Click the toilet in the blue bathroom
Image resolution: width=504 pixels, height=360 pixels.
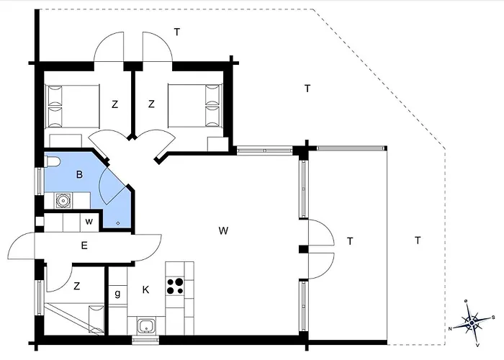coord(51,162)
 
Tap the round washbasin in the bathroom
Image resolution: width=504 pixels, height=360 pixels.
coord(63,201)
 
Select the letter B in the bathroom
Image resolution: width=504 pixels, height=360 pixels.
coord(79,174)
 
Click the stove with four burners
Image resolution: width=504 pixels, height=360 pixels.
coord(175,287)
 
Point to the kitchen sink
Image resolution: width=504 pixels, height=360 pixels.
coord(147,326)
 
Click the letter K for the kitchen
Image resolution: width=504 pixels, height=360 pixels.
coord(145,290)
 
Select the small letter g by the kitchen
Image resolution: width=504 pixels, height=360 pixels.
coord(117,294)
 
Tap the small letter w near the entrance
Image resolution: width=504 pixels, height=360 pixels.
coord(89,222)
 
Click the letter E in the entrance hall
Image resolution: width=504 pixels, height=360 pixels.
coord(84,246)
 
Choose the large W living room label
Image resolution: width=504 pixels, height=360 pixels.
coord(223,231)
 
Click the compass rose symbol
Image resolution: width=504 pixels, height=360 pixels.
coord(472,323)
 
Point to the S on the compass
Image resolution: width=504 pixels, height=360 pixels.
coord(493,318)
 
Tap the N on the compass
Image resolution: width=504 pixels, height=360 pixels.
coord(451,328)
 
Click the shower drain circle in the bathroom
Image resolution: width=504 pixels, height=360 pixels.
coord(118,223)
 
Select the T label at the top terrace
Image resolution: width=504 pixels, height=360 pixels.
coord(177,32)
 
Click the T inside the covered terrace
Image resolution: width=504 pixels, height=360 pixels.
coord(350,241)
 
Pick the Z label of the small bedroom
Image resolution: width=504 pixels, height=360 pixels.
coord(76,286)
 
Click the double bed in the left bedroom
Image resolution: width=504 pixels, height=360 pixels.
coord(73,107)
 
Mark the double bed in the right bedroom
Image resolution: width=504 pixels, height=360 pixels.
coord(195,106)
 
